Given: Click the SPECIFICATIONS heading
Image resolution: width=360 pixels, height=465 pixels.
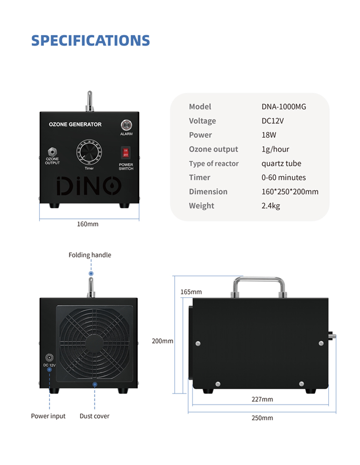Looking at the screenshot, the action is click(90, 41).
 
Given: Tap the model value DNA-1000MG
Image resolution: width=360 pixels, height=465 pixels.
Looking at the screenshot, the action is click(284, 107).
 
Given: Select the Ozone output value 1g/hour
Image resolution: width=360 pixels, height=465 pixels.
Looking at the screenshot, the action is click(275, 149).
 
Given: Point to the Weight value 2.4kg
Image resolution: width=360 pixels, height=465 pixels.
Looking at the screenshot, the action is click(270, 206).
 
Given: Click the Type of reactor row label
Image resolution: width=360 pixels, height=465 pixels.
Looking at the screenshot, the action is click(214, 164).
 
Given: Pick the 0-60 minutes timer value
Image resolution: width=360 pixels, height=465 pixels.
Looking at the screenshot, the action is click(284, 178).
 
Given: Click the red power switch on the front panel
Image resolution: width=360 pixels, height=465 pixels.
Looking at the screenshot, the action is click(125, 153).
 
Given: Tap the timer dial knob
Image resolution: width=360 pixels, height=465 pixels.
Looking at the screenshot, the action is click(89, 152).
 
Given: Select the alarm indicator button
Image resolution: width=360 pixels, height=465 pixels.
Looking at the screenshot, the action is click(126, 125).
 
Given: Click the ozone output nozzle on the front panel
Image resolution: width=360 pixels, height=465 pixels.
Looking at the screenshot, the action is click(52, 152).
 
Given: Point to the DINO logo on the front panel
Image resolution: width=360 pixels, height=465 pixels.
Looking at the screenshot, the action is click(89, 186).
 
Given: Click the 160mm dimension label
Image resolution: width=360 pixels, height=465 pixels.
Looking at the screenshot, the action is click(87, 224).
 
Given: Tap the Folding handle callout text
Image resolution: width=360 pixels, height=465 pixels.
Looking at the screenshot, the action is click(90, 255).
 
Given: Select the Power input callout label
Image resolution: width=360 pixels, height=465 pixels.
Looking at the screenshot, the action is click(48, 416).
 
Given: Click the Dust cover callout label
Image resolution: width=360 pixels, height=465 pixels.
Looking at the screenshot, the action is click(94, 416).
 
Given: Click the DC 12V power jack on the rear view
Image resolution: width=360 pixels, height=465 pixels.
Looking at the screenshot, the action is click(49, 358).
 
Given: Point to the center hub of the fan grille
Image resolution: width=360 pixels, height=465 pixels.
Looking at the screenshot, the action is click(95, 344).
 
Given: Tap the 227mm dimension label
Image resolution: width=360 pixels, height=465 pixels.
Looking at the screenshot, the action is click(262, 399).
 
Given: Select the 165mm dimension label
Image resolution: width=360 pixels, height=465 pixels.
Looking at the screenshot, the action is click(191, 292).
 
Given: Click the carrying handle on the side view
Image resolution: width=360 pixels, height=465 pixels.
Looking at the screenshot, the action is click(259, 279).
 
